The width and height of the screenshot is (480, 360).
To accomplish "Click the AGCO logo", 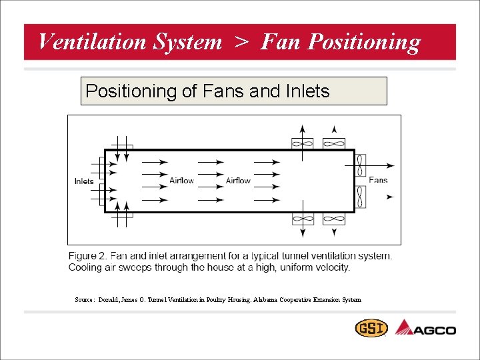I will pyautogui.click(x=426, y=328).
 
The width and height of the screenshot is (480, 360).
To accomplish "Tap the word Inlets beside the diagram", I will pyautogui.click(x=84, y=181).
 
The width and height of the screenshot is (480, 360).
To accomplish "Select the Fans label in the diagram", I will pyautogui.click(x=378, y=180).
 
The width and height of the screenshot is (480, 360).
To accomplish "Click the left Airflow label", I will pyautogui.click(x=181, y=181).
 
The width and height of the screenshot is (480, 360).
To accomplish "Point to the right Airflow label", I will pyautogui.click(x=238, y=181).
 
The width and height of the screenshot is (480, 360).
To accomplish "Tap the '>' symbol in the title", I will pyautogui.click(x=241, y=42).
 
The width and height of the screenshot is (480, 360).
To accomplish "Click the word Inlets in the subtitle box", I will pyautogui.click(x=305, y=91).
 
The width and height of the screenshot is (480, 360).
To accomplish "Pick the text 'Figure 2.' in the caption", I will pyautogui.click(x=88, y=256).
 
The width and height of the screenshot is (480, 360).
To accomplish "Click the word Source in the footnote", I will pyautogui.click(x=84, y=300).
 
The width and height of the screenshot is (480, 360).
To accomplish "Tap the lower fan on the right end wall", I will pyautogui.click(x=360, y=197).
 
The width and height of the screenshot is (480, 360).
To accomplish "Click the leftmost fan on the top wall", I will pyautogui.click(x=302, y=143).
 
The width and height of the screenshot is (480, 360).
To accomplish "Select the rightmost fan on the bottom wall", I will pyautogui.click(x=333, y=219).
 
